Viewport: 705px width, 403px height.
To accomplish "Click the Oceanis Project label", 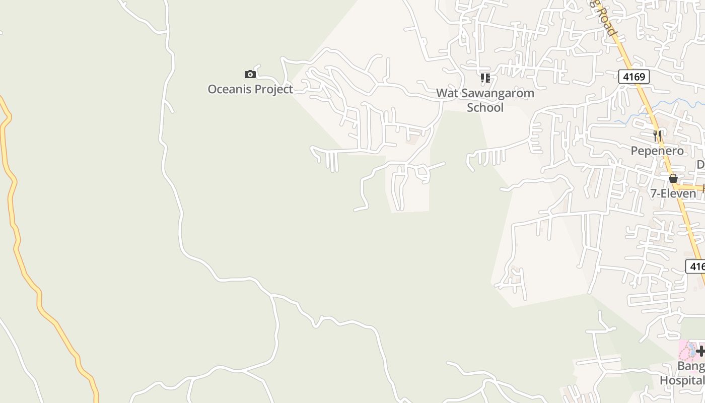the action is tap(250, 89).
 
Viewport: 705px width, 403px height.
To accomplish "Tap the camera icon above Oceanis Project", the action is tap(250, 75).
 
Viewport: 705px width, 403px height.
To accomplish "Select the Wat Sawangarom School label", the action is tap(485, 100).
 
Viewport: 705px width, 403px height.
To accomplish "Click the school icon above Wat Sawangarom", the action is tap(485, 78).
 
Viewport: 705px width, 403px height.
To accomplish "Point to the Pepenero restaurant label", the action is tap(657, 151).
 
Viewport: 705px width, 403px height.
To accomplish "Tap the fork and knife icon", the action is tap(657, 136).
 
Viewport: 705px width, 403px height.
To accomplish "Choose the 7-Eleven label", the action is tap(673, 193).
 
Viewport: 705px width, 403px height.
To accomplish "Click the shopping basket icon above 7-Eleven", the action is tap(673, 178).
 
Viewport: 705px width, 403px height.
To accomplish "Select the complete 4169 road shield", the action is tap(634, 77).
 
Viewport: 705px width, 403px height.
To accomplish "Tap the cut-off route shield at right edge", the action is tap(696, 266).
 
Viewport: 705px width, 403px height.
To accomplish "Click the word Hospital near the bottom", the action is tap(682, 380).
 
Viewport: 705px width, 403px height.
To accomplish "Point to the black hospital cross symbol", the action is tap(700, 351).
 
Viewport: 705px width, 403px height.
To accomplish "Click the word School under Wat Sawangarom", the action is tap(485, 107).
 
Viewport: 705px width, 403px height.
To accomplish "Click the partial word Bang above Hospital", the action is tap(690, 366).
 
